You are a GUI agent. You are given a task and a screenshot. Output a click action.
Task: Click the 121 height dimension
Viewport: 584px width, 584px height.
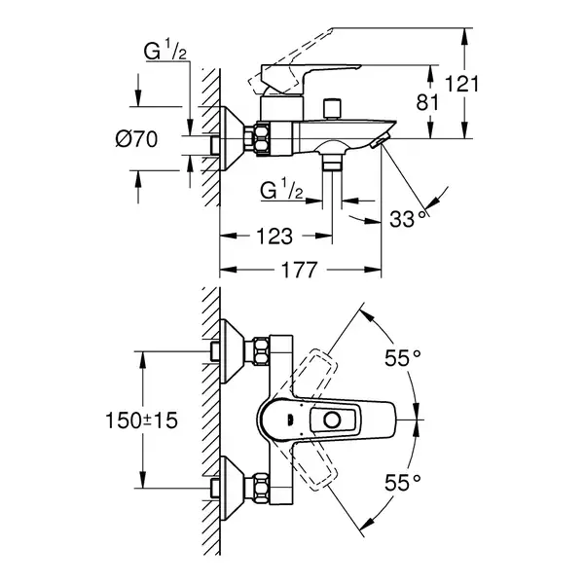[461, 84]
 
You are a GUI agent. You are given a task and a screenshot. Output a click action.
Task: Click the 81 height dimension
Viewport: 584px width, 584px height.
[427, 102]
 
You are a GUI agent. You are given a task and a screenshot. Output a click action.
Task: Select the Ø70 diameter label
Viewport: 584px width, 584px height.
[136, 139]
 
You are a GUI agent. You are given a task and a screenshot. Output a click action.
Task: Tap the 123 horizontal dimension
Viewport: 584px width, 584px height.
[274, 237]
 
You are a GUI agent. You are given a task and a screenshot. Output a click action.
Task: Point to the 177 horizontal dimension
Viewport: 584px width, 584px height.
[299, 270]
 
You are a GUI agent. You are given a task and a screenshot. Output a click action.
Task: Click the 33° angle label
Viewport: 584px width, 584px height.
[408, 219]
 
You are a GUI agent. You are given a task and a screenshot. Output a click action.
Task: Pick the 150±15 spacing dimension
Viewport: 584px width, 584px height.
[142, 420]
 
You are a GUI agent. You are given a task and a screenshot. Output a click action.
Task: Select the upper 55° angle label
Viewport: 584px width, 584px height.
[403, 358]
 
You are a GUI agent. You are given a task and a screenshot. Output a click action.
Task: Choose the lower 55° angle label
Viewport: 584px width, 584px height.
[403, 483]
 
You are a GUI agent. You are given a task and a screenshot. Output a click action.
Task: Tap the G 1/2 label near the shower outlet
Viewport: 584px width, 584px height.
[281, 191]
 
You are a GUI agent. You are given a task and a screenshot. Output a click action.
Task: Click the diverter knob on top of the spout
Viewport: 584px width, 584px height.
[332, 109]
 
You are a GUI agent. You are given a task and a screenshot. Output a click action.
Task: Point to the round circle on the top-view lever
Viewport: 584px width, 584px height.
[332, 420]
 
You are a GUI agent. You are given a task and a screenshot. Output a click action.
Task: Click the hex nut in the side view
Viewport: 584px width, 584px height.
[262, 138]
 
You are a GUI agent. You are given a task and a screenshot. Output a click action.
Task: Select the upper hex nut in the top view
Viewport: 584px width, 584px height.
[261, 351]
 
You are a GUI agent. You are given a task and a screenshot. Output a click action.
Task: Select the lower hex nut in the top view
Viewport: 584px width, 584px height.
[261, 489]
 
